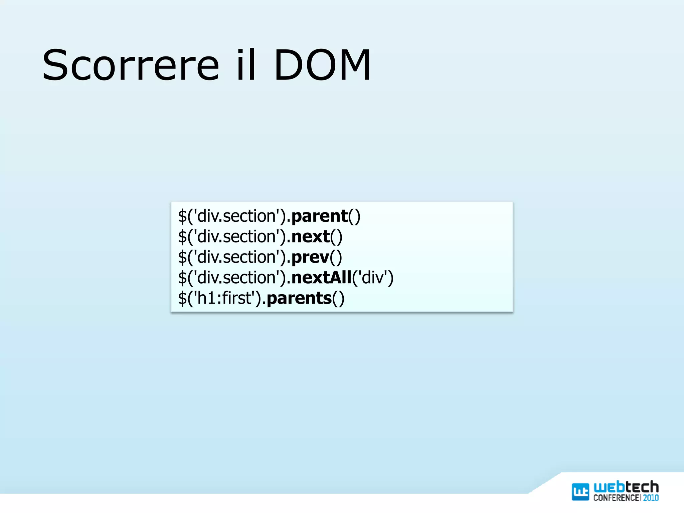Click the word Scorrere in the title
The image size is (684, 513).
(x=131, y=65)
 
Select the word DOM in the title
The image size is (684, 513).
(x=322, y=65)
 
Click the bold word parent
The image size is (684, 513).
(x=319, y=216)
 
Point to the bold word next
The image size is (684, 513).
(x=310, y=237)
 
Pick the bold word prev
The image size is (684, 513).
(x=310, y=258)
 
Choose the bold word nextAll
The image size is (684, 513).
(x=321, y=278)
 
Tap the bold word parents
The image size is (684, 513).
(x=299, y=298)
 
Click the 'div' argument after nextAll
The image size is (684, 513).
(x=372, y=278)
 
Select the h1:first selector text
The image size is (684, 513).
(x=224, y=298)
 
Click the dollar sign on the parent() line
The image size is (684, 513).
(x=182, y=216)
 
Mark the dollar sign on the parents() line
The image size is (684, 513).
(x=182, y=298)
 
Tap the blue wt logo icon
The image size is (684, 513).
(x=580, y=492)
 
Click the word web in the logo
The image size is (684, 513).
(x=609, y=487)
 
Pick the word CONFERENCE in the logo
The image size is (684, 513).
(x=617, y=498)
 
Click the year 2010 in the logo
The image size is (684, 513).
(x=651, y=498)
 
